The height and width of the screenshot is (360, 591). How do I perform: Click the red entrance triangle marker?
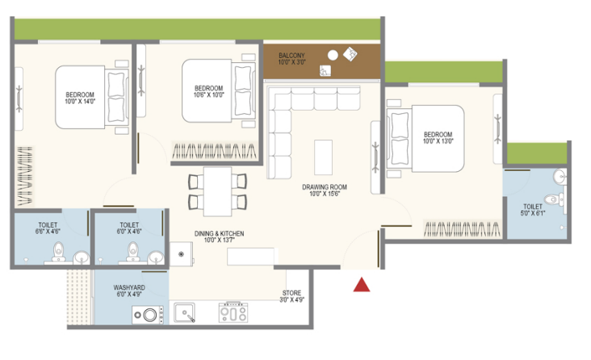tap(362, 286)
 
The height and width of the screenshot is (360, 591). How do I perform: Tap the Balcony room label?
tap(291, 59)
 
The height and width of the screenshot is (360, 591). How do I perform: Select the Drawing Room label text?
tap(325, 190)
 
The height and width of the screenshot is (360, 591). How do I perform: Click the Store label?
tap(291, 296)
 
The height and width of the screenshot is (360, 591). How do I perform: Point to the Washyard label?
tap(129, 291)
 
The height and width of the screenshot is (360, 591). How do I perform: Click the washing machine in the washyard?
tap(148, 315)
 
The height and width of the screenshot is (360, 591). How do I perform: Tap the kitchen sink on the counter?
tap(184, 313)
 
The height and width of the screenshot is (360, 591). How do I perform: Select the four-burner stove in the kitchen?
tap(233, 312)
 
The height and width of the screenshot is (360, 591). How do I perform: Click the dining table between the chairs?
tap(217, 191)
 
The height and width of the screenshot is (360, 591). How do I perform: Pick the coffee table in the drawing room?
tap(324, 157)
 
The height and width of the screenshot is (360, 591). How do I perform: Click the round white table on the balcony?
tap(333, 56)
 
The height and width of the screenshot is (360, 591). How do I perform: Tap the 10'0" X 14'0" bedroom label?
tap(80, 98)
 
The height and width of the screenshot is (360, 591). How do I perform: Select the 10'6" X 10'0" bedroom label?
tap(209, 91)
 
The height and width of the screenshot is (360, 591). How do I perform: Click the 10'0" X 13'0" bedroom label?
tap(438, 138)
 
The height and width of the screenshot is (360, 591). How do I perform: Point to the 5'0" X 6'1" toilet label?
tap(533, 210)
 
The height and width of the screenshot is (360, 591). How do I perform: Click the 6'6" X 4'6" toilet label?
tap(48, 228)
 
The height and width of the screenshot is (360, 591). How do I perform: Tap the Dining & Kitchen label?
tap(219, 237)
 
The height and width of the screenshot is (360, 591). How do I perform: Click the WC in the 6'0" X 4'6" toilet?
tap(132, 251)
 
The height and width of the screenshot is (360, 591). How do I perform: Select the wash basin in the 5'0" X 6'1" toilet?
tap(560, 177)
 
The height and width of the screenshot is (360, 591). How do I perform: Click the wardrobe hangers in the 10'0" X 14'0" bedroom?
tap(25, 176)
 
